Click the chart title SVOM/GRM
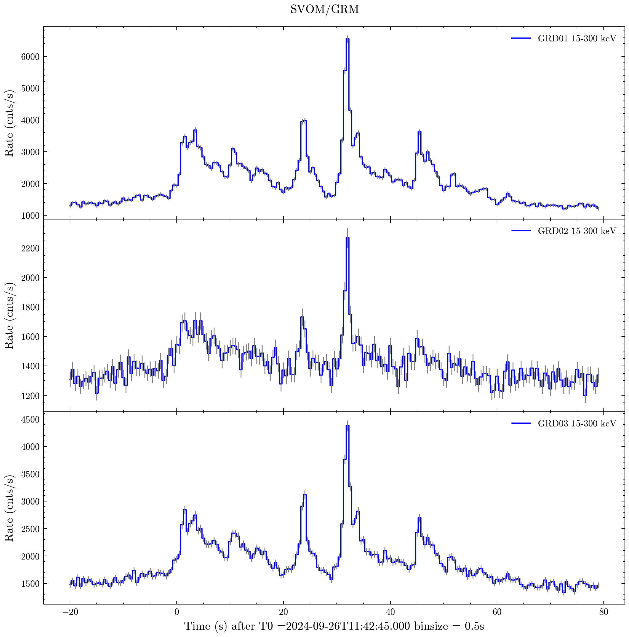click(x=325, y=9)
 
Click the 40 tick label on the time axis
click(x=390, y=614)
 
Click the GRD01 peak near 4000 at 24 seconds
click(x=304, y=121)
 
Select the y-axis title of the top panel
click(x=9, y=123)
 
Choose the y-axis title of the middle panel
click(x=9, y=316)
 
